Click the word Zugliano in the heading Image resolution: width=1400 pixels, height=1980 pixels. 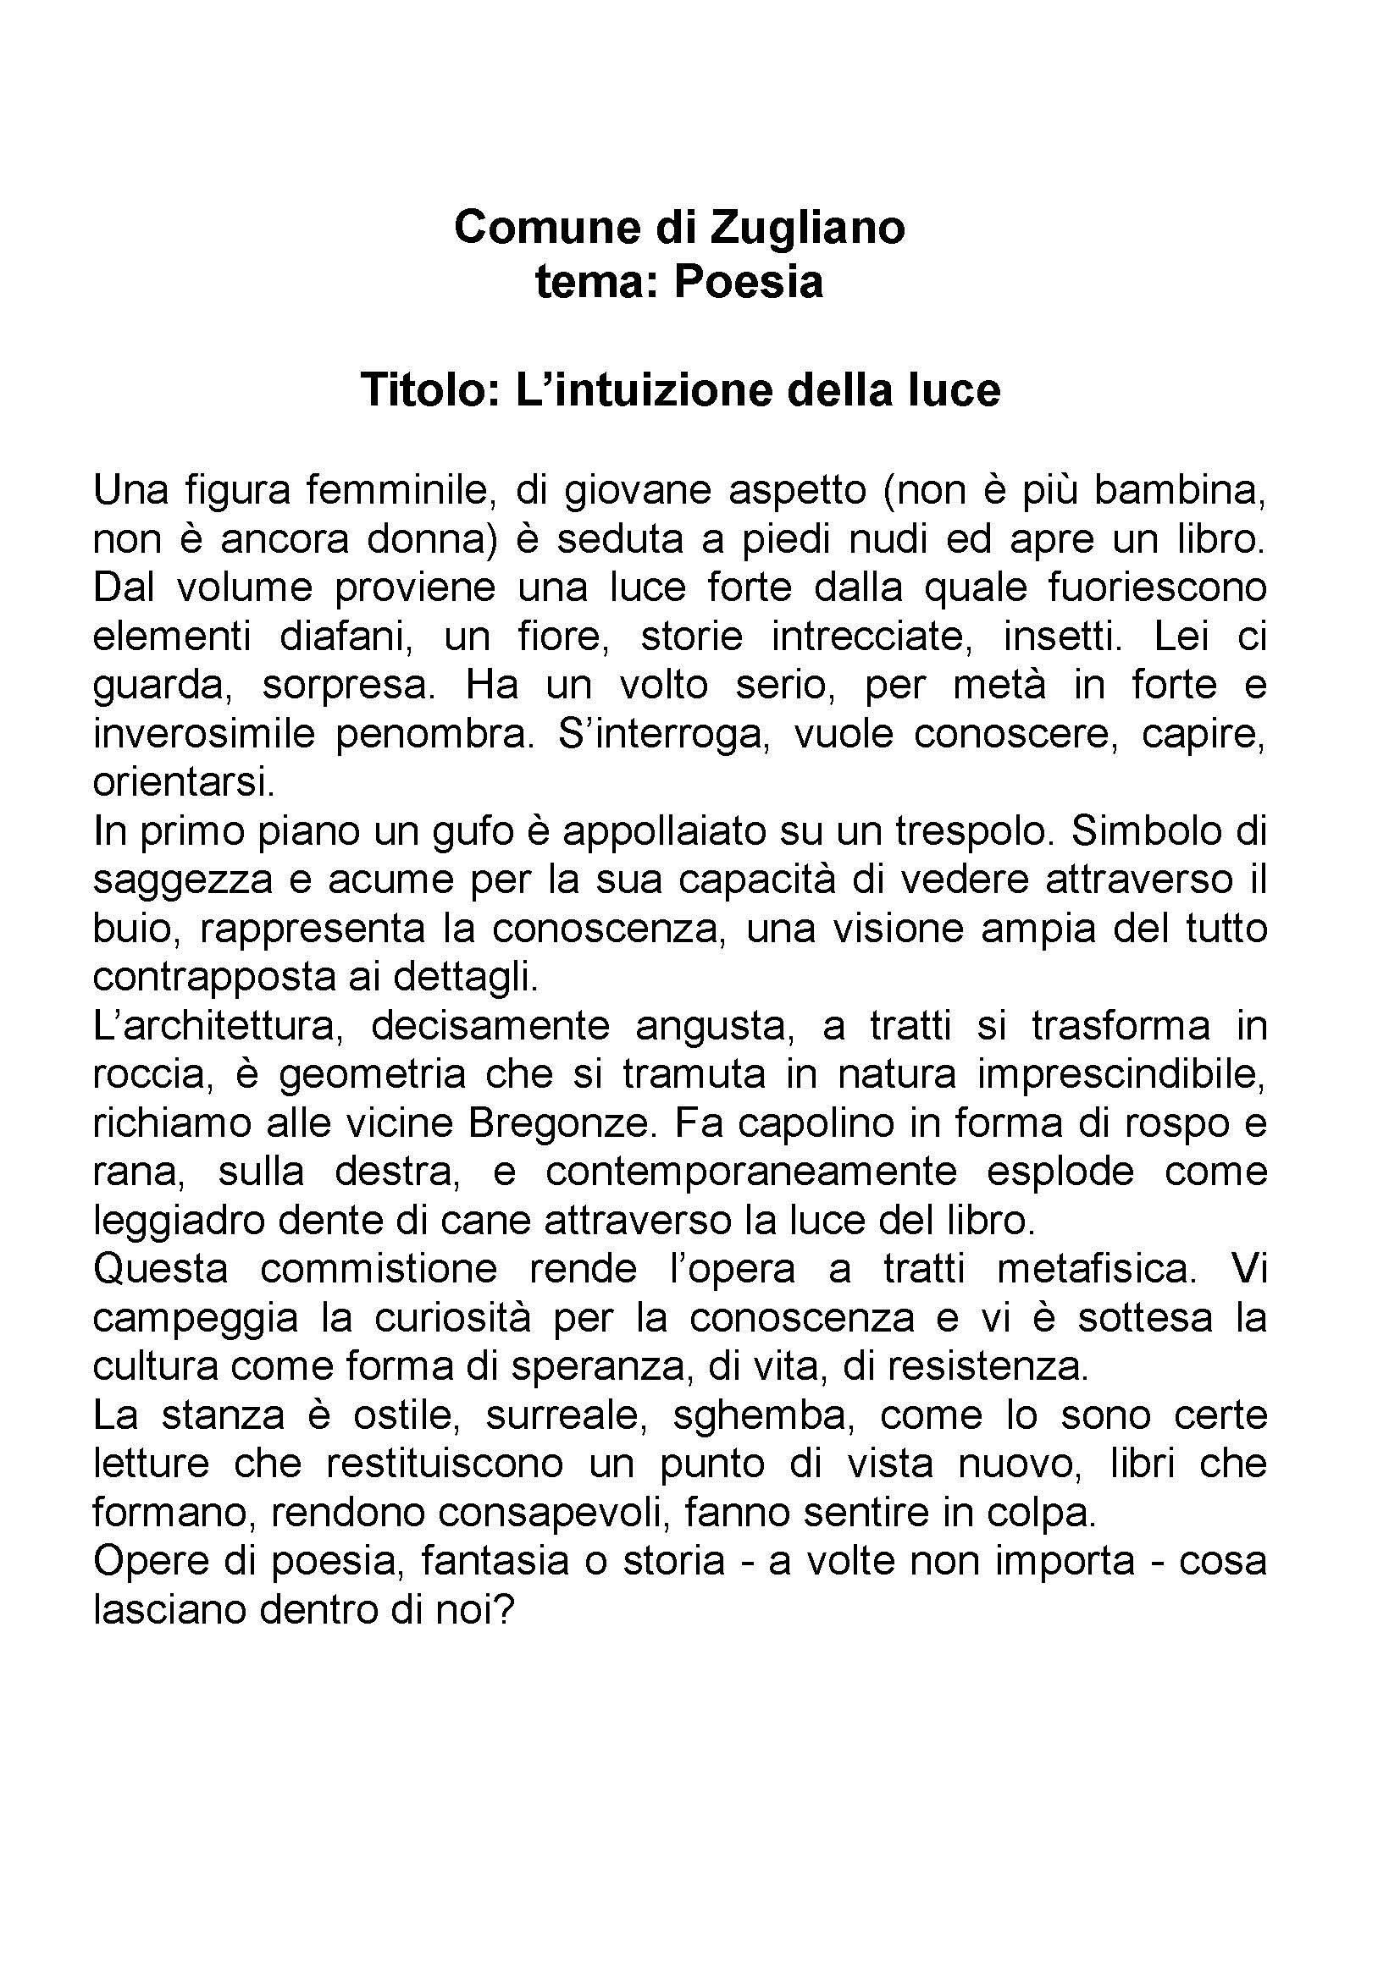(806, 228)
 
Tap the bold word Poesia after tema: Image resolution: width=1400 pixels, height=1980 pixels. (749, 281)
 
